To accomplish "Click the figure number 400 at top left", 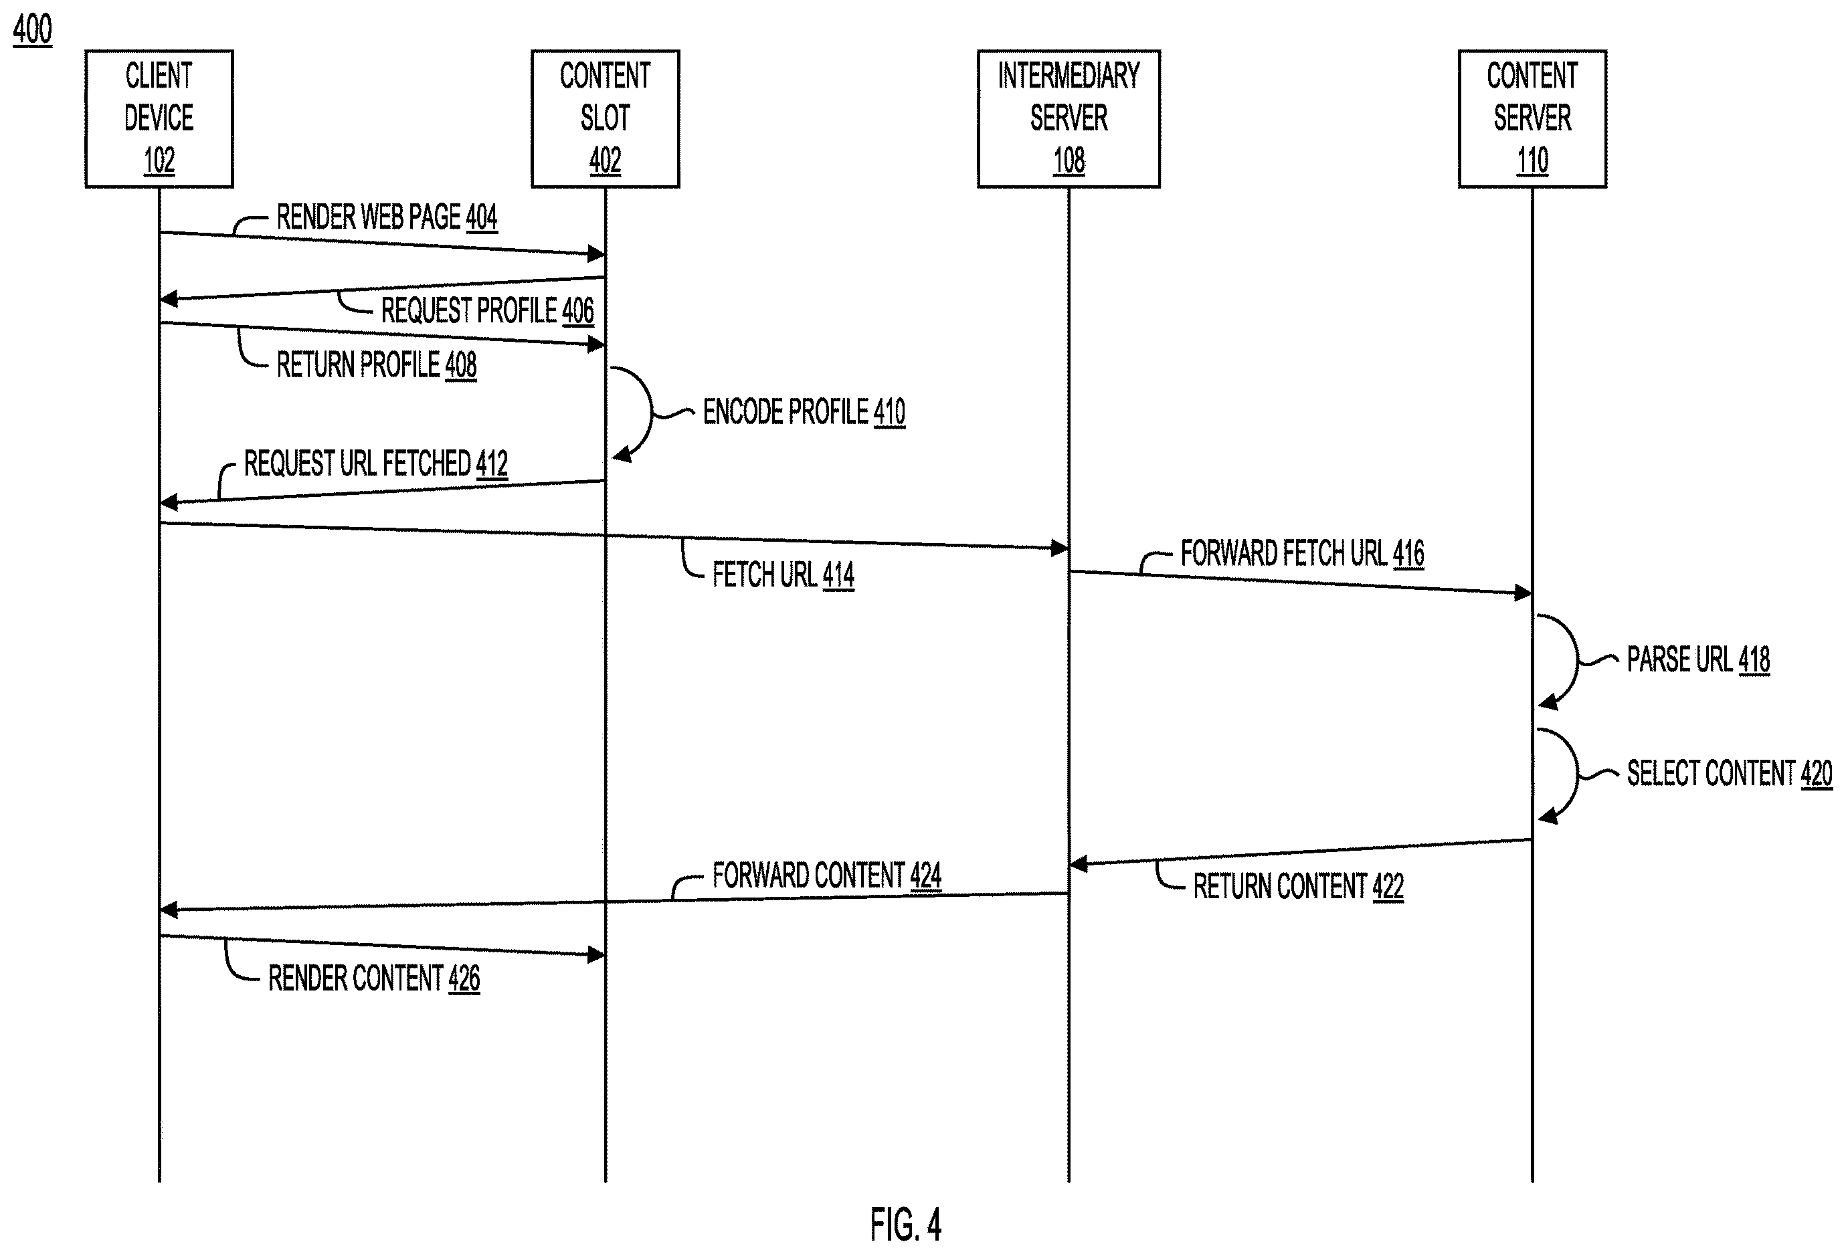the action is click(x=33, y=29).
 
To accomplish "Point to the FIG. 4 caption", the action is click(x=905, y=1225).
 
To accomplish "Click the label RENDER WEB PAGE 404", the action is click(x=387, y=217).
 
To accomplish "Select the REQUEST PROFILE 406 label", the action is click(x=488, y=310).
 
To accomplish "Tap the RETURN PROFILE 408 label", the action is click(x=377, y=365).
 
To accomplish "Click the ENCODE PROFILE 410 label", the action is click(x=804, y=412).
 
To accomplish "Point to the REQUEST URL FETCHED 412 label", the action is click(x=376, y=463).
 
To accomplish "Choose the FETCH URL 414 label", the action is click(x=783, y=575).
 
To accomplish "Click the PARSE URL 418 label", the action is click(x=1698, y=660).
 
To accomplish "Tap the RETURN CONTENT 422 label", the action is click(x=1299, y=886).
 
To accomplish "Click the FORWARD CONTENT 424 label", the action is click(x=827, y=876).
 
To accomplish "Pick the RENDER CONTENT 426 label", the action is click(x=374, y=978).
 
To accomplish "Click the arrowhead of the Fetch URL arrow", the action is click(x=1060, y=548).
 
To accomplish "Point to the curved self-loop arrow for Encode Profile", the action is click(x=651, y=412).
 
